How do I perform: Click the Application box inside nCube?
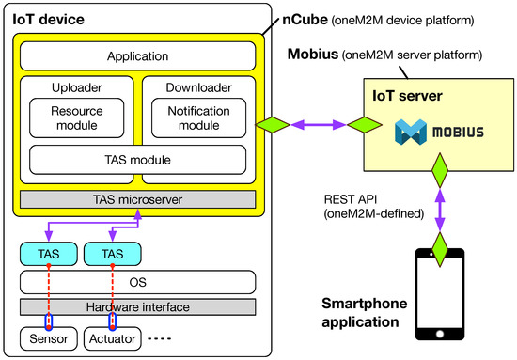point(137,56)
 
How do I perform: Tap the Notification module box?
point(198,117)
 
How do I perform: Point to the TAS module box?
point(137,160)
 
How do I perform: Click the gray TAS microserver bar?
point(137,199)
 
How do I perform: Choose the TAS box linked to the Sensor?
point(46,253)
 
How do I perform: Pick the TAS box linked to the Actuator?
point(112,253)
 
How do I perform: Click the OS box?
point(137,281)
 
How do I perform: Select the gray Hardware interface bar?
point(137,307)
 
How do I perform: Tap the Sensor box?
point(46,337)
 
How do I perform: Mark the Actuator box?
point(112,337)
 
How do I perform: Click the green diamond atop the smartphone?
point(439,247)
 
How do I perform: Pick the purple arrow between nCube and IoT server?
point(313,125)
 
